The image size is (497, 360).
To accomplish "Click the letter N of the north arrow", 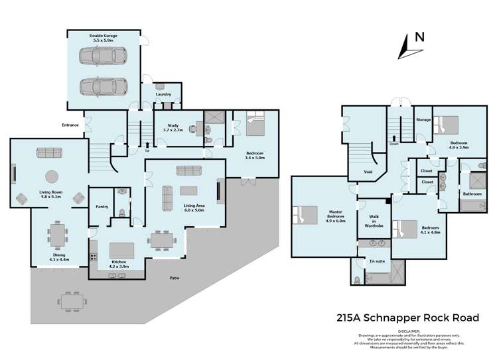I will pyautogui.click(x=419, y=37).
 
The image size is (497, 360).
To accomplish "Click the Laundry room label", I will pyautogui.click(x=163, y=94).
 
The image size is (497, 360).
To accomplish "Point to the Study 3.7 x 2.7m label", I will pyautogui.click(x=175, y=127).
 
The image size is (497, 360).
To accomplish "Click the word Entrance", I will pyautogui.click(x=70, y=125).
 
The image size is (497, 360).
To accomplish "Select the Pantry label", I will pyautogui.click(x=102, y=206).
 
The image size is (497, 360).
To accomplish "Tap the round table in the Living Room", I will pyautogui.click(x=50, y=177).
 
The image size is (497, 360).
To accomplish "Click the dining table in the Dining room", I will pyautogui.click(x=57, y=235).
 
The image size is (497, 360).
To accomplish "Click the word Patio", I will pyautogui.click(x=174, y=278).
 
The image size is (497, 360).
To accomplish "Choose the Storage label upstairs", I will pyautogui.click(x=423, y=120).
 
